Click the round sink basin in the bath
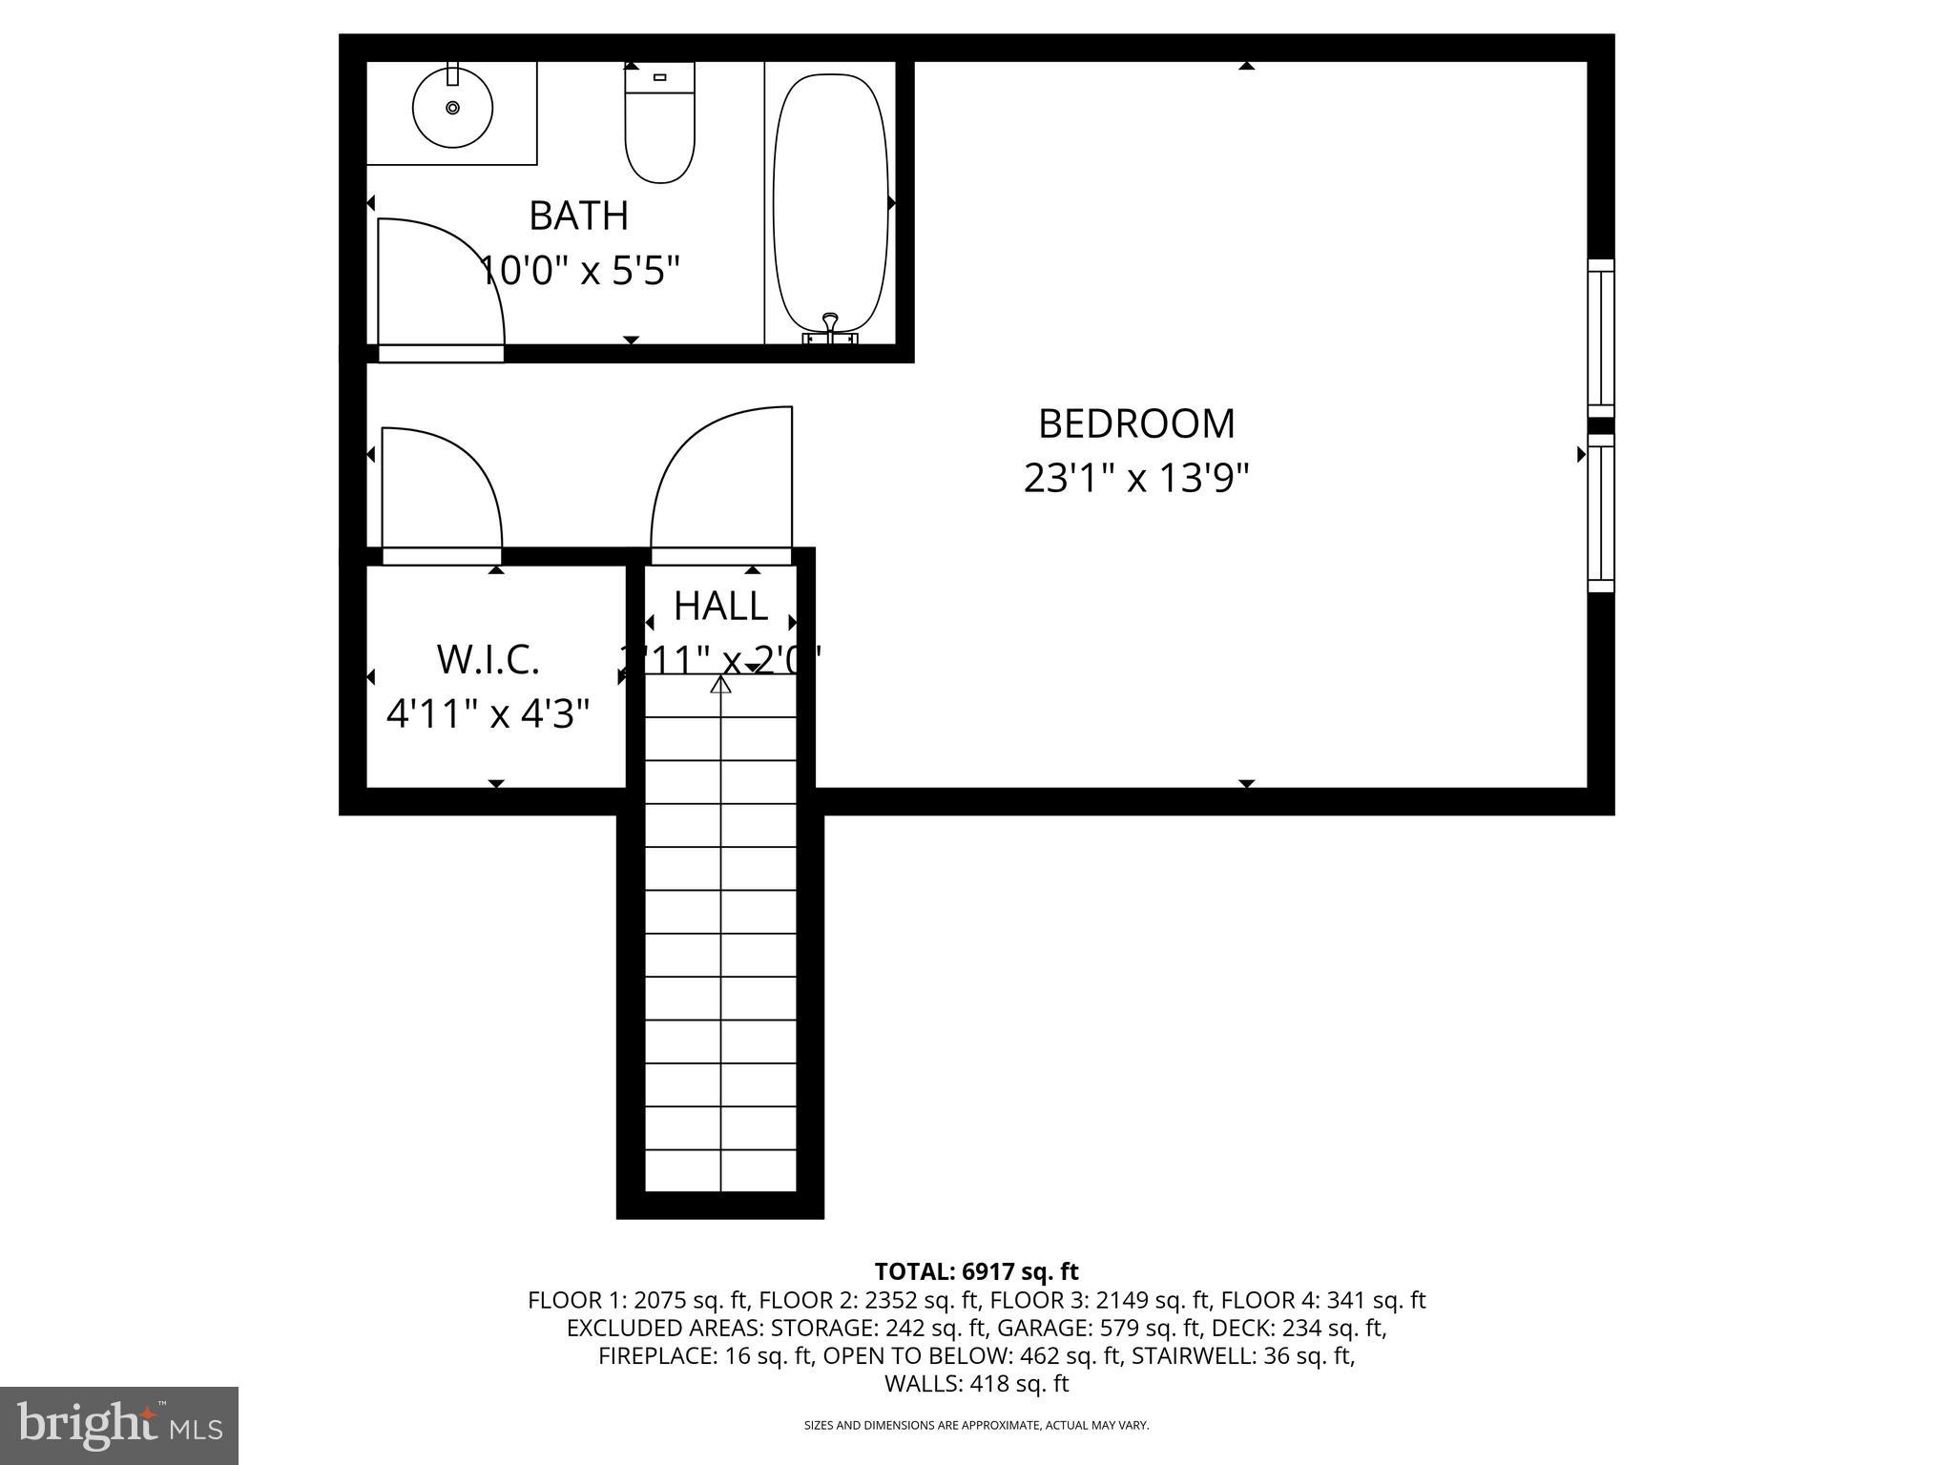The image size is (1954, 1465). click(x=452, y=107)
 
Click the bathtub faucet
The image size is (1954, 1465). click(x=830, y=327)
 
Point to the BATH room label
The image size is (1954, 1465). click(x=579, y=216)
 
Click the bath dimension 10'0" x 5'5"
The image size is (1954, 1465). click(x=579, y=271)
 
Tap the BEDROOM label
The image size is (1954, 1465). click(x=1136, y=423)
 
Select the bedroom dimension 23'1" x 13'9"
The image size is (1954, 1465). click(x=1136, y=478)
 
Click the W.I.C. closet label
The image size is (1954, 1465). click(x=488, y=659)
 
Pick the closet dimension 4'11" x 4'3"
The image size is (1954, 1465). click(x=488, y=712)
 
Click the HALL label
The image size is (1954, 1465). click(x=720, y=606)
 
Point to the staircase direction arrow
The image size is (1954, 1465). click(x=720, y=684)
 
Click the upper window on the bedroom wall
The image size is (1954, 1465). click(x=1600, y=338)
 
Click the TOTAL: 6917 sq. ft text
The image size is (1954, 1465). click(x=976, y=1271)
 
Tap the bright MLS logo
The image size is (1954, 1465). click(x=119, y=1425)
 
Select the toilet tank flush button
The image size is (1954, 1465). click(x=659, y=76)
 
